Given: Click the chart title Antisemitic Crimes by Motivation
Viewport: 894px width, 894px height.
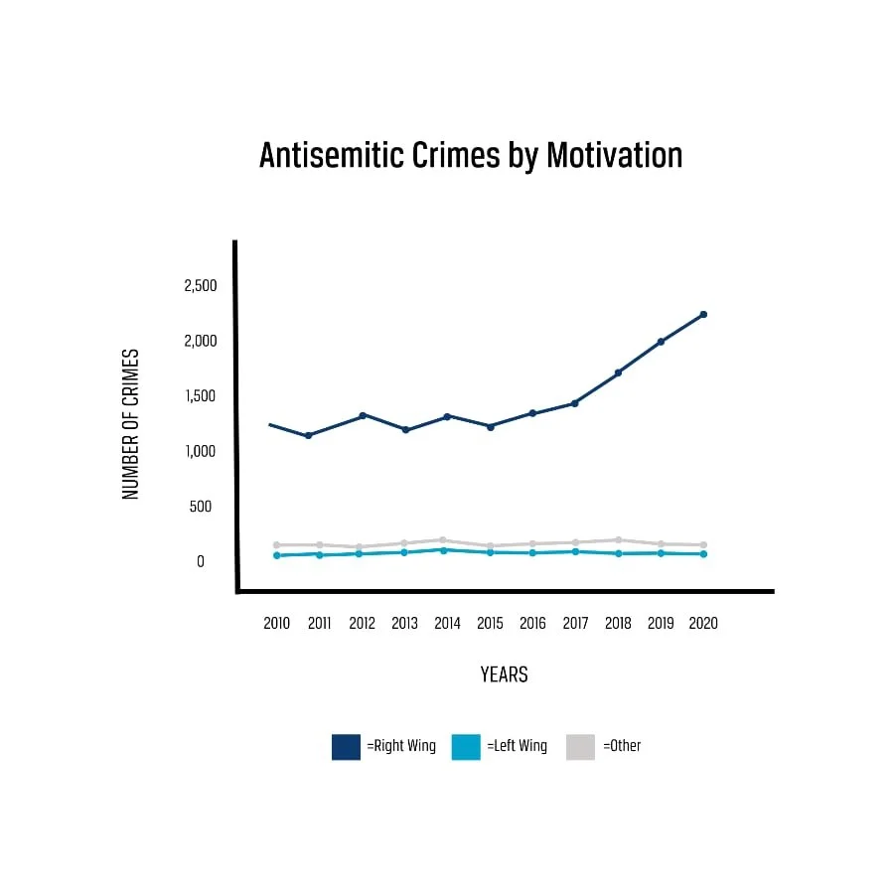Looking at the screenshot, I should click(471, 156).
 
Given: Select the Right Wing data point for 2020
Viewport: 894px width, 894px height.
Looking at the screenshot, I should click(703, 315).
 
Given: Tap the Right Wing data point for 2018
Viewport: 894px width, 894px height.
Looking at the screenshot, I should click(618, 372).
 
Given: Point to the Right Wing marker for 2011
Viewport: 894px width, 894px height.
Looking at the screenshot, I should click(309, 435).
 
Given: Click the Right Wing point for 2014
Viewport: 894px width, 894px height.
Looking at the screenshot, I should click(447, 416).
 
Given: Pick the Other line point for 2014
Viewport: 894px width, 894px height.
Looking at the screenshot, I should click(442, 540).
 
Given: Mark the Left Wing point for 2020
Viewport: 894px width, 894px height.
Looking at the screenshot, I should click(703, 553).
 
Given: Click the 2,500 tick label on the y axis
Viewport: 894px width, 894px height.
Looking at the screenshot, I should click(200, 286).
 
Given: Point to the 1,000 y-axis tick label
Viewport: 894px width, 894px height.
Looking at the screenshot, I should click(200, 451).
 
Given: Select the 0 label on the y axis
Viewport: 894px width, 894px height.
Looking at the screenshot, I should click(200, 561).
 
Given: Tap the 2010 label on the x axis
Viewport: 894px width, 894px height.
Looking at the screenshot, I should click(277, 624).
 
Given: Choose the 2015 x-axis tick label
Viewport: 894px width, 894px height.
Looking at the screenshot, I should click(490, 624).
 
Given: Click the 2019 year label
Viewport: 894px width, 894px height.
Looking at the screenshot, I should click(661, 624).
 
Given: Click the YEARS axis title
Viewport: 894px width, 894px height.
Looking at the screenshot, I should click(504, 675).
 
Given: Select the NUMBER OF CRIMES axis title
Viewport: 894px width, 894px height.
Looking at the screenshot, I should click(130, 424).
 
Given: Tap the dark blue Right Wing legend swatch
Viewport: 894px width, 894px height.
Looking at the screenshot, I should click(346, 747).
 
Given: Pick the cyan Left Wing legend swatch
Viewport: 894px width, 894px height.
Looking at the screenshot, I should click(466, 747).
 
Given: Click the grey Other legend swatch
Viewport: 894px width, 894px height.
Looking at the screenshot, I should click(580, 747).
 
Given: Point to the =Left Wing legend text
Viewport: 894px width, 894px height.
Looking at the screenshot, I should click(517, 746).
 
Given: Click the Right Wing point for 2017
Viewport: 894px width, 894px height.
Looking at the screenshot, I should click(574, 403).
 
